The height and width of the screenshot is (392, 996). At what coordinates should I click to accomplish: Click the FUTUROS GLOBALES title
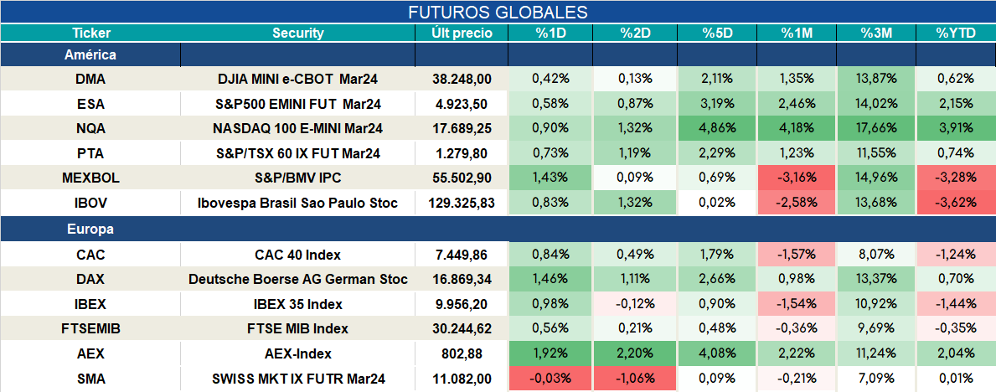498,12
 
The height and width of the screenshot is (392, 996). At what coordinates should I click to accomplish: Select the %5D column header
717,34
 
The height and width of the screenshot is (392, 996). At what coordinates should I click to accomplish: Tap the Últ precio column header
462,34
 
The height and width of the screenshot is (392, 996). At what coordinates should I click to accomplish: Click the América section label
90,55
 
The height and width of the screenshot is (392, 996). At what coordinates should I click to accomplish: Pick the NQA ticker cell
90,128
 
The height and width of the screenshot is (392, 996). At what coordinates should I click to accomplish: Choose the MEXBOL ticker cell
90,178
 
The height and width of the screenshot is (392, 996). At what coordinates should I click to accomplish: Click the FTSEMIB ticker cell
90,329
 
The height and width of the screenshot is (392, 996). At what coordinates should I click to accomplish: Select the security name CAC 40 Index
298,255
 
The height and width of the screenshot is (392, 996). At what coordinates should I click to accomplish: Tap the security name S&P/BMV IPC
298,178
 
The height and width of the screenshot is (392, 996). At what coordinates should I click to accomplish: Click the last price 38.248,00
462,79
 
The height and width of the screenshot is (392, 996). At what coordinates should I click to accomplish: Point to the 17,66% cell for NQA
876,128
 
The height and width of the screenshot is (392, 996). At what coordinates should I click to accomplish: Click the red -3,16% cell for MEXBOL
797,178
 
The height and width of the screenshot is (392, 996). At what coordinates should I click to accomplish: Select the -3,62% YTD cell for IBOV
955,204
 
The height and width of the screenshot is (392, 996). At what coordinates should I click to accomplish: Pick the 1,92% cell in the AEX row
550,353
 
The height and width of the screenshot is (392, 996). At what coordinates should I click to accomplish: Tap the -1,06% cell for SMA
635,379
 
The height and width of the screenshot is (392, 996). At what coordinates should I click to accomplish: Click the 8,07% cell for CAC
876,255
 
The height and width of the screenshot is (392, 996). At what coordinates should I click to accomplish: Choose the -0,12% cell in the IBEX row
635,304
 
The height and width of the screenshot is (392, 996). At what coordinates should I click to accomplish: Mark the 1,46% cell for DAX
550,280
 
